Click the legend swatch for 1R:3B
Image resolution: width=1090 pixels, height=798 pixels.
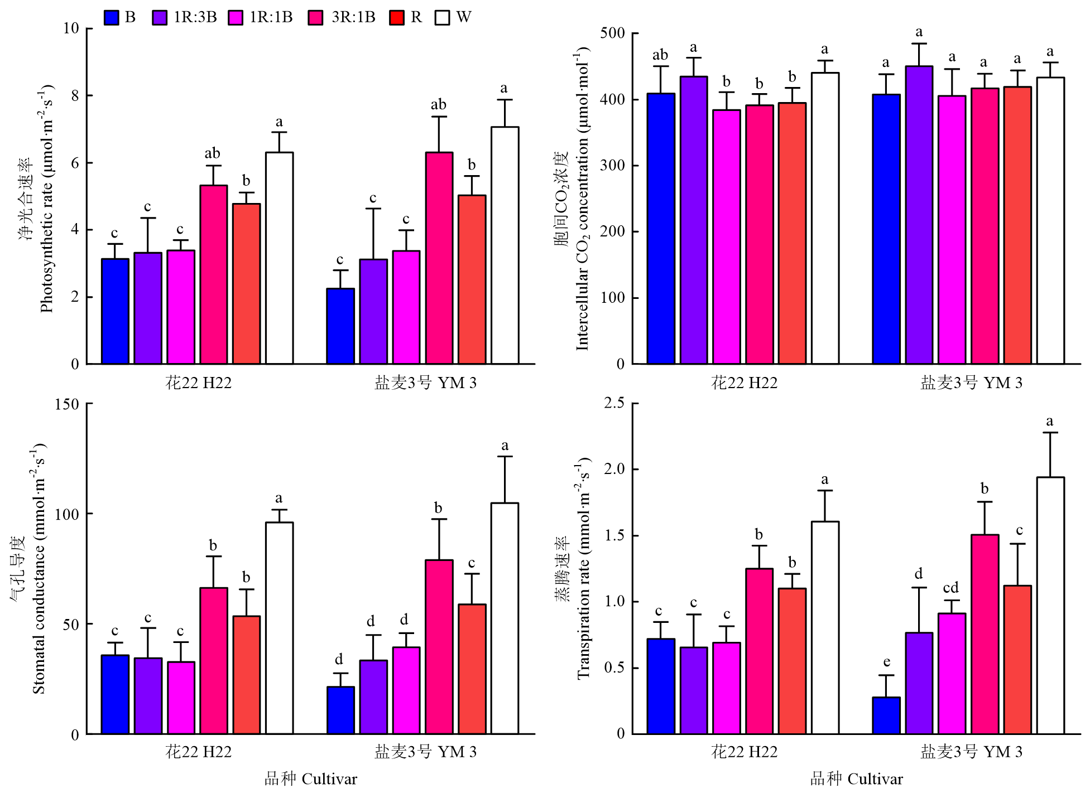click(160, 17)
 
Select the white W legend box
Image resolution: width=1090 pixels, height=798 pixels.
click(442, 17)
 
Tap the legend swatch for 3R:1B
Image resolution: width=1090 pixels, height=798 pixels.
click(316, 17)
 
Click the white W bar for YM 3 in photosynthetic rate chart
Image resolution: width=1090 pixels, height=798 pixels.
click(505, 245)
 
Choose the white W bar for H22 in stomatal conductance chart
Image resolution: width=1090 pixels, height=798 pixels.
click(280, 628)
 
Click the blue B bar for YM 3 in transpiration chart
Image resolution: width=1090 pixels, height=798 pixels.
click(886, 715)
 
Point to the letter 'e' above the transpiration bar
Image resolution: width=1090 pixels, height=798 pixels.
click(886, 662)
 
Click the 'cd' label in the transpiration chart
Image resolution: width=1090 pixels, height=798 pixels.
click(951, 588)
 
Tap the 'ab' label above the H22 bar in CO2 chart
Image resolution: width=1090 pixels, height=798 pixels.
click(660, 55)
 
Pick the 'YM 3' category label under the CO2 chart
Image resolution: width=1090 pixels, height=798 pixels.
click(1002, 383)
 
